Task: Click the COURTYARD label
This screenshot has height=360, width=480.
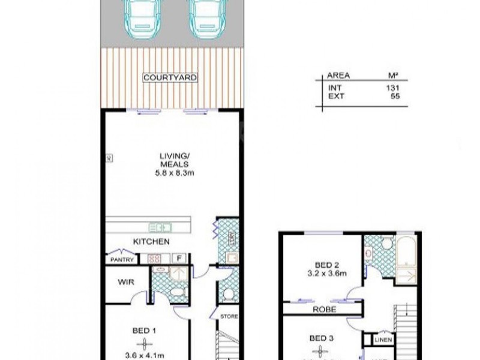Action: (170, 78)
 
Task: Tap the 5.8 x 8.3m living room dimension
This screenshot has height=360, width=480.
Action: (174, 173)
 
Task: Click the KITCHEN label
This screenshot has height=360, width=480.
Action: (151, 242)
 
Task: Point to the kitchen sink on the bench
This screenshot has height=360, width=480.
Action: (160, 227)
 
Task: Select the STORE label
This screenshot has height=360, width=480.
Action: (229, 317)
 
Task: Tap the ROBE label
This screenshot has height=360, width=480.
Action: (323, 310)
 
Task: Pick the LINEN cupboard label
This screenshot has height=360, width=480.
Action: (382, 340)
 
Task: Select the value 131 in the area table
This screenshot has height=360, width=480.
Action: (393, 87)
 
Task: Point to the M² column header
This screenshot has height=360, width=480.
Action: (393, 76)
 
